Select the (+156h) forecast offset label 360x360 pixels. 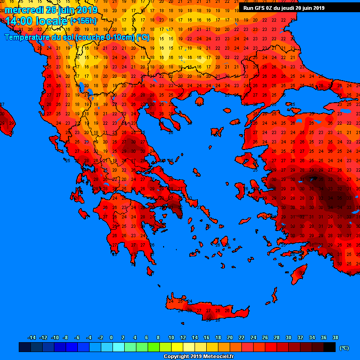click(83, 21)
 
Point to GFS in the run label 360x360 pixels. click(260, 8)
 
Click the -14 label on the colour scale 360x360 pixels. click(31, 337)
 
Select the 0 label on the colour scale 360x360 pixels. click(111, 337)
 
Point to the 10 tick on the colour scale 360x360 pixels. click(171, 337)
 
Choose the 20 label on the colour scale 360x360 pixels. click(230, 337)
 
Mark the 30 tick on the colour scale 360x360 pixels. click(288, 337)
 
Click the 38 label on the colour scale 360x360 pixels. click(335, 337)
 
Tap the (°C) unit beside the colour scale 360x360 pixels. click(344, 348)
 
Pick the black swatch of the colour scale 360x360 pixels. click(330, 347)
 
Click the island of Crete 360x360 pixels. click(209, 310)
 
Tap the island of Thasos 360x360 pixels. click(199, 101)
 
